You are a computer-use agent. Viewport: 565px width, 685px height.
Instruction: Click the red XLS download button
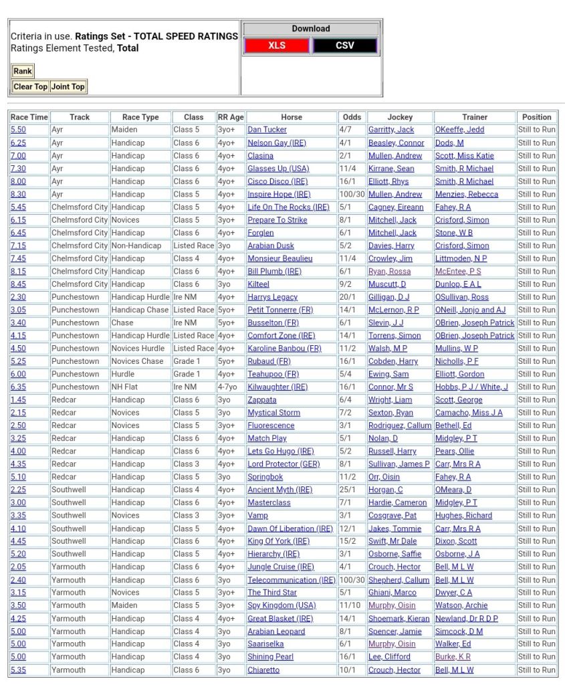276,45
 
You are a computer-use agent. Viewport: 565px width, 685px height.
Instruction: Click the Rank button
22,71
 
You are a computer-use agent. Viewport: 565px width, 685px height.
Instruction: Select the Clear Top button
31,86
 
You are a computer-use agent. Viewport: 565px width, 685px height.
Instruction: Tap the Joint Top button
68,86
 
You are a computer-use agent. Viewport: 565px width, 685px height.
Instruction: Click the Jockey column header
400,117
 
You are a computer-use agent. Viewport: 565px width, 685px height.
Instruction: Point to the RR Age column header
231,117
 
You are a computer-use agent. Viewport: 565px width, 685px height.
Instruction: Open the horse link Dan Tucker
267,130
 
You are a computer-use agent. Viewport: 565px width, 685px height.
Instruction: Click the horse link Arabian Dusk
271,246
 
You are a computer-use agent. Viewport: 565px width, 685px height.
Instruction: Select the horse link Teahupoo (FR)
273,374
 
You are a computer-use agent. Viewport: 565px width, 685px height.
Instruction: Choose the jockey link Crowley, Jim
390,258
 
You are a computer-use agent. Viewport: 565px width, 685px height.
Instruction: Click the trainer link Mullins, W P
456,349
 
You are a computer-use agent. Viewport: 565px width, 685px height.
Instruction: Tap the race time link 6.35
18,387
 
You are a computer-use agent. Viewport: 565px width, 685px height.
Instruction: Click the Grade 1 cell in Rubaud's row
187,361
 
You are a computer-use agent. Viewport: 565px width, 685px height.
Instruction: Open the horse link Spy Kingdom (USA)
281,605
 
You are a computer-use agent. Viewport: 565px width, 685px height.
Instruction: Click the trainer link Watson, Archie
461,605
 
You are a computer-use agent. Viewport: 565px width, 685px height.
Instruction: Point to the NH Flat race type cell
128,387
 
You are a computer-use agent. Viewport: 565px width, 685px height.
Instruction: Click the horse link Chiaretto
263,670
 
